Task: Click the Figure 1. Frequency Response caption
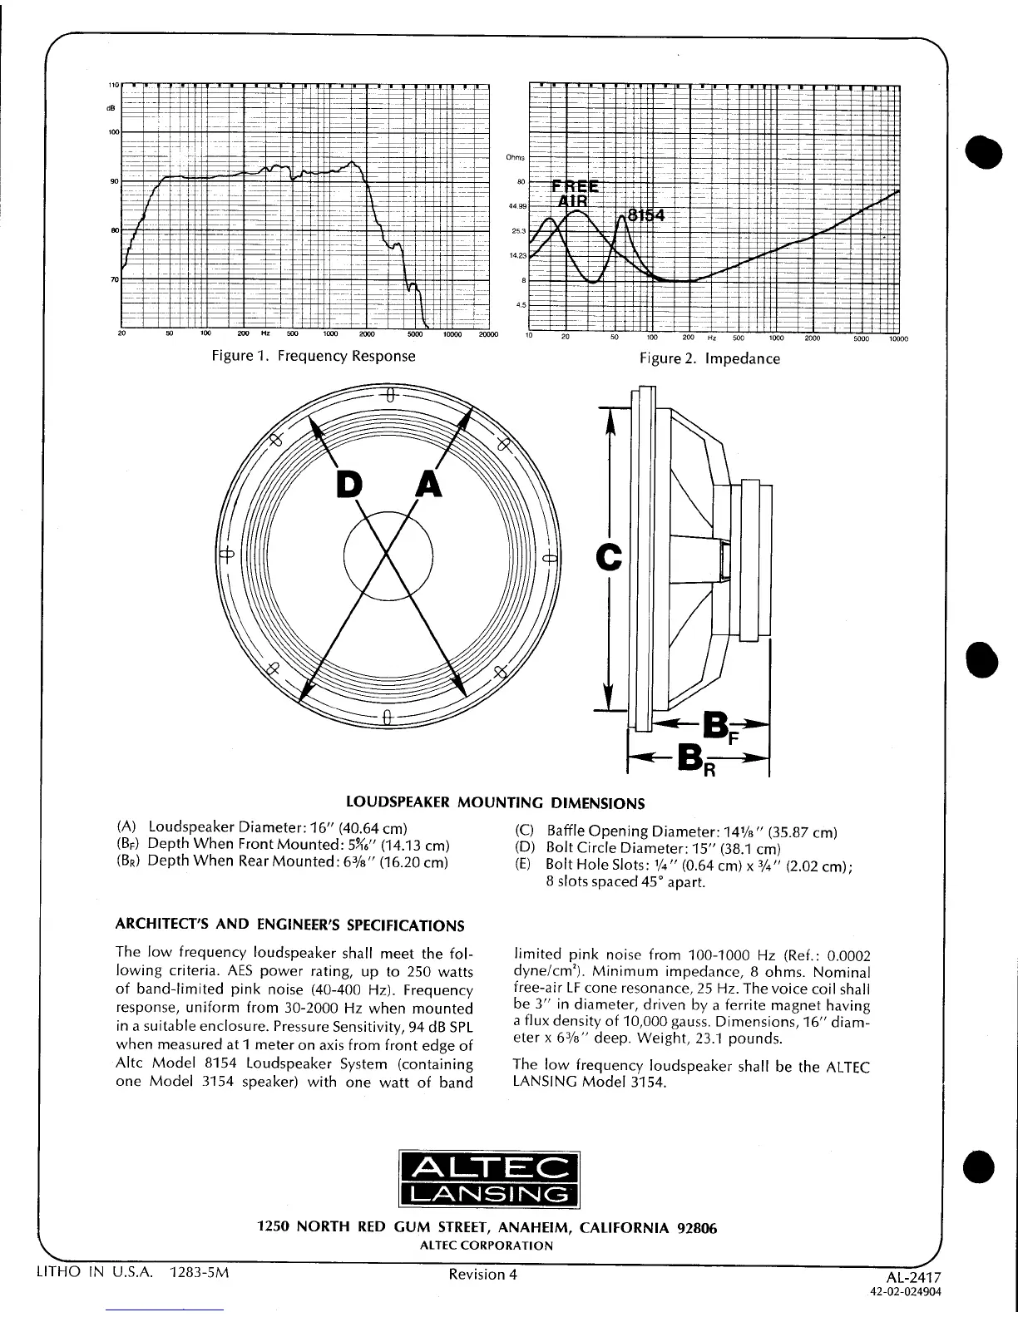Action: (313, 357)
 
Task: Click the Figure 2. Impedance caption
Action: (709, 359)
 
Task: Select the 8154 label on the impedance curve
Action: (646, 215)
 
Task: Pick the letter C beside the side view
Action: (610, 557)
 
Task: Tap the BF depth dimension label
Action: (717, 726)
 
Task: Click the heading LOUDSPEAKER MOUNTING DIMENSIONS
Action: (495, 803)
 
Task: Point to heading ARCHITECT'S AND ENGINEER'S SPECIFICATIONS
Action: (289, 926)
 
